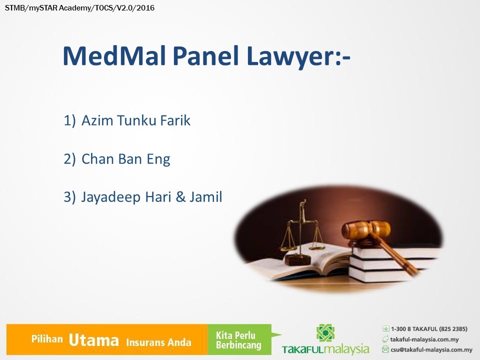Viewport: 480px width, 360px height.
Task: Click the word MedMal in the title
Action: (x=114, y=55)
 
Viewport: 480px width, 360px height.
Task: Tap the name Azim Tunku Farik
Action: (x=136, y=120)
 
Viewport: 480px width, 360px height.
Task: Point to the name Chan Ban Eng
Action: (x=126, y=159)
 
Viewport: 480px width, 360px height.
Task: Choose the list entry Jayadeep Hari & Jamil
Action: (x=151, y=197)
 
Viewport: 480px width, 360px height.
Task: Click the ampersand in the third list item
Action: (x=180, y=197)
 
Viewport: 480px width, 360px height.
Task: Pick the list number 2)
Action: (x=69, y=159)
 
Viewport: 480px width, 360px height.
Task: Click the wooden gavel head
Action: (x=366, y=229)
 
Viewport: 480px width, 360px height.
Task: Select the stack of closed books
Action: (x=395, y=263)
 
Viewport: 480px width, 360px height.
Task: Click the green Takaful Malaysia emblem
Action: (x=325, y=333)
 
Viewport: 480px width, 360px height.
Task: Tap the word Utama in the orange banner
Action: (x=93, y=340)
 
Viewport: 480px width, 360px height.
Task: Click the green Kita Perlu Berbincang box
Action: (x=239, y=339)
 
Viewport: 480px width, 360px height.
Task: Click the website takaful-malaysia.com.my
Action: (x=424, y=339)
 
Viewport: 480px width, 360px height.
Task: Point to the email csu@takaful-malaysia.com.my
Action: (x=431, y=349)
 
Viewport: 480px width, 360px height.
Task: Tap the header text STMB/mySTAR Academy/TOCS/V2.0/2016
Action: (x=79, y=8)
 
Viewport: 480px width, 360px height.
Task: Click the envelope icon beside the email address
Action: (x=385, y=349)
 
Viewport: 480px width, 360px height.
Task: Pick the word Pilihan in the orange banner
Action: (x=47, y=339)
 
